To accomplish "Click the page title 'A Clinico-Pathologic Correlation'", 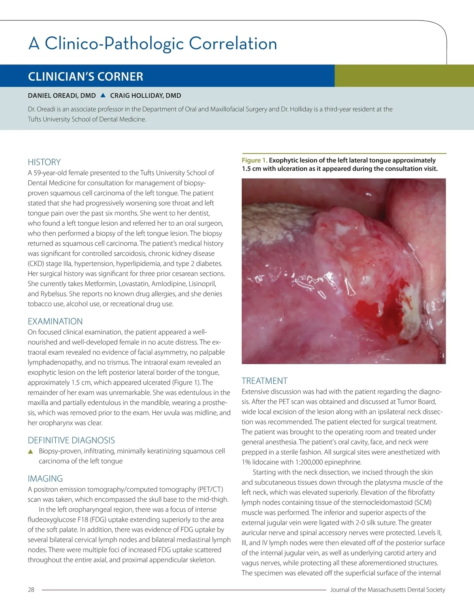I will coord(152,43).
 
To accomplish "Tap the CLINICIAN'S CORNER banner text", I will coord(85,76).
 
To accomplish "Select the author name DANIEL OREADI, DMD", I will coord(62,96).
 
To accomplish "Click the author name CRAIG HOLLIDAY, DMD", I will coord(145,96).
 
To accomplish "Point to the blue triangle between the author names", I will coord(103,95).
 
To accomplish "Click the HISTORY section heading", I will coord(44,162).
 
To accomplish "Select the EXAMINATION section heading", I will coord(55,321).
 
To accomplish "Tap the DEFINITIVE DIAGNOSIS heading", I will coord(71,440).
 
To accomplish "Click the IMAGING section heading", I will coord(45,479).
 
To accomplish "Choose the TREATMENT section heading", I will coord(265,381).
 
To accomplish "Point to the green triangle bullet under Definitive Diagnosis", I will coord(30,452).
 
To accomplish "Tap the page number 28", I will coord(31,590).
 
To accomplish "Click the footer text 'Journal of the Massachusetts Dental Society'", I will coord(387,590).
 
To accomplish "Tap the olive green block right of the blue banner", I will coord(404,76).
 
